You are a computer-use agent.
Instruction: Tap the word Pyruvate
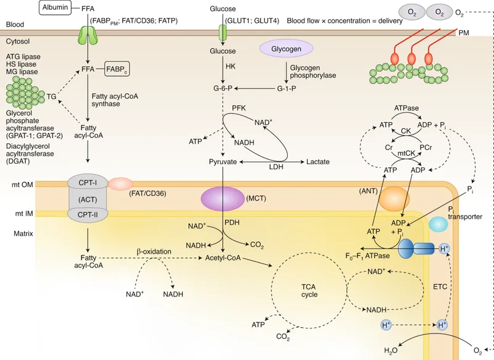(224, 162)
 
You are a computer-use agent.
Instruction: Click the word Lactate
(318, 162)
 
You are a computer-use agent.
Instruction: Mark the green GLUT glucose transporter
(224, 32)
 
